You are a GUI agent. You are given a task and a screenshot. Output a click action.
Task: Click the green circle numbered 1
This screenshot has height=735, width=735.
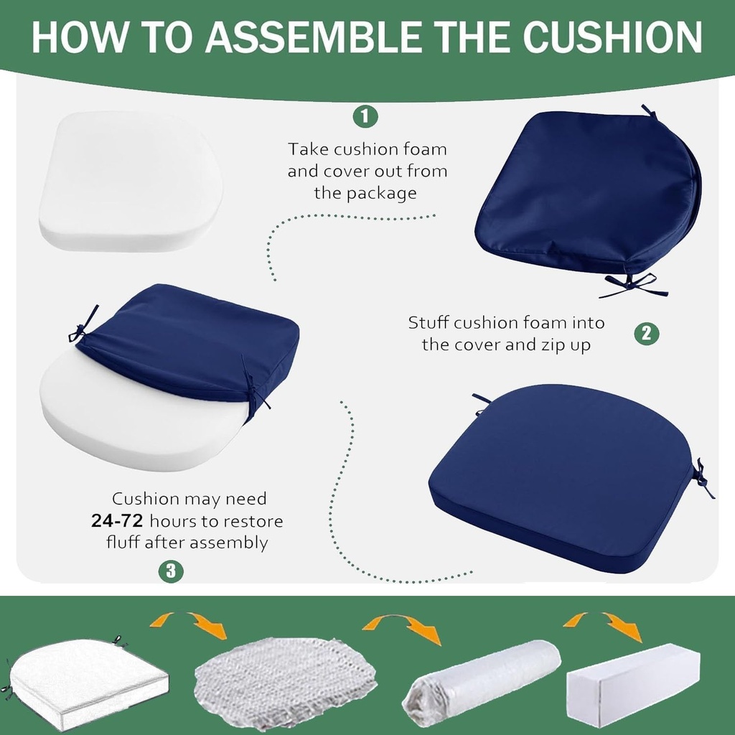365,116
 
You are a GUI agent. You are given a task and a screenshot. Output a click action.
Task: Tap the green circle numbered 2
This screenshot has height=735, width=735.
646,332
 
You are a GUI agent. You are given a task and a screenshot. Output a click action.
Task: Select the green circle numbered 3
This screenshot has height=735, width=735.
171,571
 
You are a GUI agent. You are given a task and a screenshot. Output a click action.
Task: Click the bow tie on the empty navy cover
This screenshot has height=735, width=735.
632,284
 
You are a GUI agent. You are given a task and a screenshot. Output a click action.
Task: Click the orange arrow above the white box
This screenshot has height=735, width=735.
603,624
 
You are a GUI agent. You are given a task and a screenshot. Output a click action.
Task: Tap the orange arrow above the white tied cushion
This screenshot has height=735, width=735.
189,623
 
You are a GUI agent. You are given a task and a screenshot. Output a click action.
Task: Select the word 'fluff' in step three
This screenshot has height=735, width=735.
123,543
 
